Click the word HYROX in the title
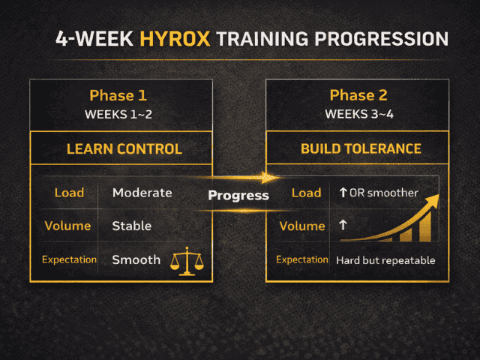tap(176, 39)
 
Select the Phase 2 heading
tap(355, 95)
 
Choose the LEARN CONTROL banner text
tap(124, 148)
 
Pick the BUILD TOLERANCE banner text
tap(361, 148)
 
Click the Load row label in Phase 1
tap(69, 193)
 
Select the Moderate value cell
tap(142, 193)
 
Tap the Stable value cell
tap(132, 226)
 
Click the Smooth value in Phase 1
tap(136, 259)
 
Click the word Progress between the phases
tap(238, 196)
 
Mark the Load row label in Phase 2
tap(306, 193)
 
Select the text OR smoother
tap(383, 193)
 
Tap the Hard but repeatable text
tap(385, 260)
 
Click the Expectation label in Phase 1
tap(69, 259)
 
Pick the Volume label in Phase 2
tap(301, 226)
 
